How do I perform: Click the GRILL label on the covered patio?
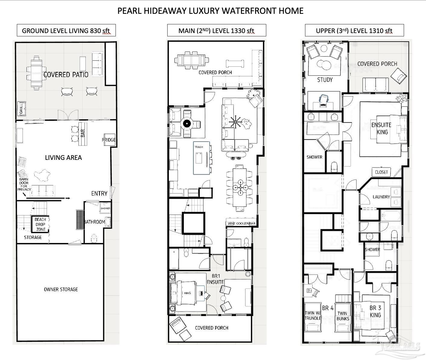[21, 109]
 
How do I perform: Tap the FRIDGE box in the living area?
[109, 140]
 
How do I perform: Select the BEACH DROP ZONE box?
[40, 224]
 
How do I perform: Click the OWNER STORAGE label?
[61, 289]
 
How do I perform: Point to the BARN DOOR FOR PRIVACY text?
[24, 184]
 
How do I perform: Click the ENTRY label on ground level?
[99, 194]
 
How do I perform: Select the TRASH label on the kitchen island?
[199, 147]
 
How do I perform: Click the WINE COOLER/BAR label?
[241, 224]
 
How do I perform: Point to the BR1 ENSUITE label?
[215, 279]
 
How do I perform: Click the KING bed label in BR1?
[187, 293]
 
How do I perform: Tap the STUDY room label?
[325, 80]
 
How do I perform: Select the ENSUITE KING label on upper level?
[381, 128]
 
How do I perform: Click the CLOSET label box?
[381, 172]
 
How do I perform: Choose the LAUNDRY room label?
[381, 197]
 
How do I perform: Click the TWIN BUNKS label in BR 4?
[343, 316]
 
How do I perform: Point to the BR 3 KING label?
[375, 311]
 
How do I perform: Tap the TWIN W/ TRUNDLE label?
[313, 316]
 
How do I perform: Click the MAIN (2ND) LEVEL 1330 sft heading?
[216, 31]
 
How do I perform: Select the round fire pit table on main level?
[187, 123]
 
